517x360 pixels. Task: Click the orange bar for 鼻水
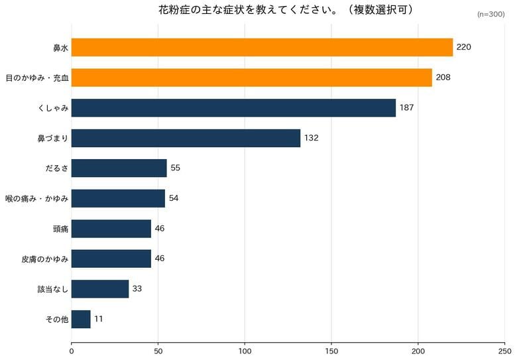pos(262,47)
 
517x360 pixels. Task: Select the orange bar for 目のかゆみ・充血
pos(252,78)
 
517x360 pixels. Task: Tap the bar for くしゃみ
pos(233,108)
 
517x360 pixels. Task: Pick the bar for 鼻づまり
pos(186,138)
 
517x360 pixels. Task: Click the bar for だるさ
pos(119,168)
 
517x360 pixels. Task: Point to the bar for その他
pos(81,319)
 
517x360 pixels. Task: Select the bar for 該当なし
pos(100,289)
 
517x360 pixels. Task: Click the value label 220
pos(463,47)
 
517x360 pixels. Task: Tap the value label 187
pos(406,108)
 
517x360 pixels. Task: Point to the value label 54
pos(174,198)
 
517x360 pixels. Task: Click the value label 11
pos(98,319)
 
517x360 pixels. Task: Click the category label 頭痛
pos(61,229)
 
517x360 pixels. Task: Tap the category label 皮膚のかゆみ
pos(45,259)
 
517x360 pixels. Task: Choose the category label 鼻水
pos(61,48)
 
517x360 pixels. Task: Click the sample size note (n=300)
pos(490,14)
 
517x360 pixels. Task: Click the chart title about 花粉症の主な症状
pos(286,9)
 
